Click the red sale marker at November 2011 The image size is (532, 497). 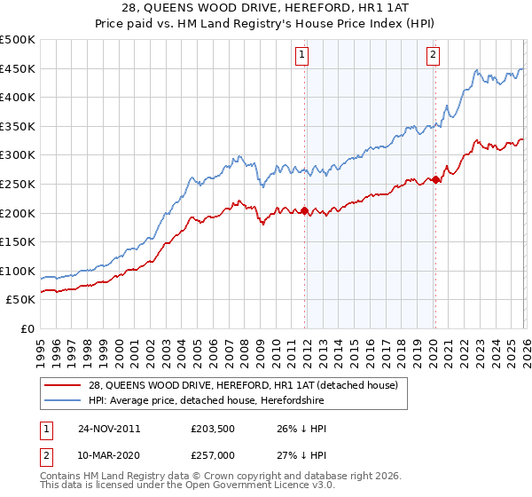(x=305, y=210)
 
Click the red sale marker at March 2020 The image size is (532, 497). (x=435, y=179)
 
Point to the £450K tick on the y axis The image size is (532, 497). (x=18, y=69)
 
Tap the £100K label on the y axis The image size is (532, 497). (x=18, y=271)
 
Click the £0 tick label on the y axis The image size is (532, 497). (x=27, y=328)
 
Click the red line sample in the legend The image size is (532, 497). (x=63, y=385)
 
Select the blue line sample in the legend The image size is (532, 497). (x=63, y=401)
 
